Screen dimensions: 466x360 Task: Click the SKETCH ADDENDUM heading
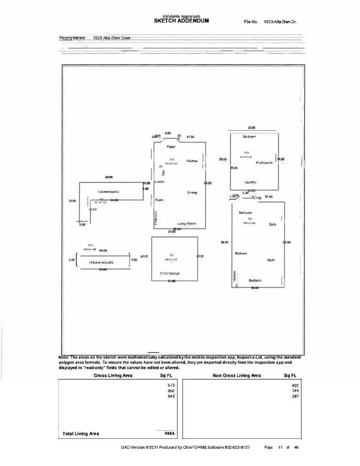coord(181,21)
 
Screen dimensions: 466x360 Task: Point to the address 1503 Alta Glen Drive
coord(109,38)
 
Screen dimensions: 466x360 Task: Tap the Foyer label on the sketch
coord(171,147)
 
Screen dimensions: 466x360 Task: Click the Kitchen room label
coord(192,161)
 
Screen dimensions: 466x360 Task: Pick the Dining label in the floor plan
coord(192,192)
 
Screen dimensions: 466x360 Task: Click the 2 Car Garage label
coord(170,274)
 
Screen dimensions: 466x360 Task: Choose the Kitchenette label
coord(264,163)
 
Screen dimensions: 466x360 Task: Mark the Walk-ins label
coord(241,253)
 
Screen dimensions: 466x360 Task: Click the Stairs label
coord(159,200)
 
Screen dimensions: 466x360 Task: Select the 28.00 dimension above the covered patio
coord(109,177)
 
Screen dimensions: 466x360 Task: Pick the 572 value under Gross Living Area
coord(171,384)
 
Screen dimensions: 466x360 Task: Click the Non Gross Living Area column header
coord(237,376)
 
